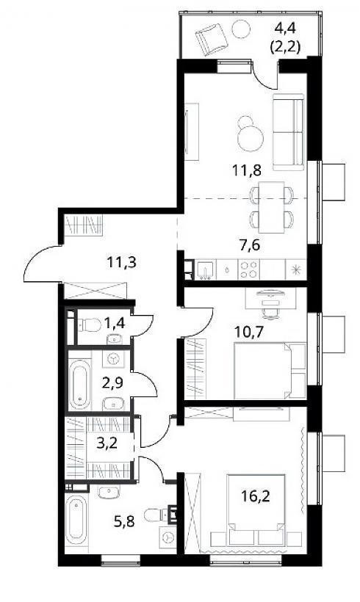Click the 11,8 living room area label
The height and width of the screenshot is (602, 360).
248,170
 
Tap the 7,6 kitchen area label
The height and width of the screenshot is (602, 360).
250,244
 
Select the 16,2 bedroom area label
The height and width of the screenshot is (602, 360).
256,496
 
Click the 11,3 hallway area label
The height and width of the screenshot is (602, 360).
121,263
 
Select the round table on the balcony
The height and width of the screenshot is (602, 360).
241,29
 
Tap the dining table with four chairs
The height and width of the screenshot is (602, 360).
271,207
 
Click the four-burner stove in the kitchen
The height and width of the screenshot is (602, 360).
248,269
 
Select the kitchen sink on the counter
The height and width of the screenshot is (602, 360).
206,269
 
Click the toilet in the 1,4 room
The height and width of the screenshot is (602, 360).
90,325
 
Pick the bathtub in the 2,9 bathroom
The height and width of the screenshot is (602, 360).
80,384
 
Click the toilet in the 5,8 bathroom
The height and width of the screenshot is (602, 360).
157,515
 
